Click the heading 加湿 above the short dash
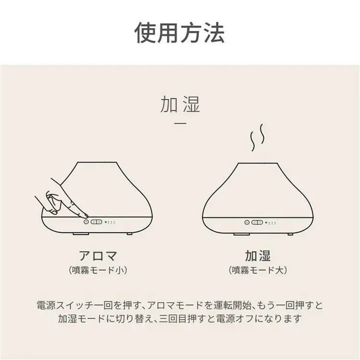(x=180, y=105)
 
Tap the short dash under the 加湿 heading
(x=180, y=123)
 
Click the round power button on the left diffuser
(x=86, y=221)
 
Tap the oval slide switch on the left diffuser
(x=97, y=221)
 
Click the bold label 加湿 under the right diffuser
(x=258, y=256)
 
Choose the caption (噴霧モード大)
(x=258, y=270)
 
